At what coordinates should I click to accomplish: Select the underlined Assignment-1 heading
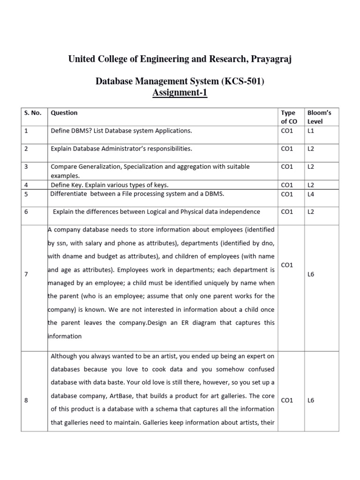pyautogui.click(x=180, y=93)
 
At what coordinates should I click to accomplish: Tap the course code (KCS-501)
pyautogui.click(x=240, y=82)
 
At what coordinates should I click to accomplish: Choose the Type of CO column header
pyautogui.click(x=288, y=117)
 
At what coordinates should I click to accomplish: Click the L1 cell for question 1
pyautogui.click(x=311, y=131)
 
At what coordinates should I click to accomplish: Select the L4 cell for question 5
pyautogui.click(x=311, y=194)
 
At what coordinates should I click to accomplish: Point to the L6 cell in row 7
pyautogui.click(x=311, y=274)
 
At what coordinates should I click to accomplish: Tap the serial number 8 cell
pyautogui.click(x=26, y=400)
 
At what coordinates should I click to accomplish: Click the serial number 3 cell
pyautogui.click(x=26, y=166)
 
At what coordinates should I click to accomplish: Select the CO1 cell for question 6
pyautogui.click(x=287, y=212)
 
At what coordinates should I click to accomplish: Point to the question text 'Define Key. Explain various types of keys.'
pyautogui.click(x=110, y=185)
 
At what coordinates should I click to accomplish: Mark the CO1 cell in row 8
pyautogui.click(x=287, y=400)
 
